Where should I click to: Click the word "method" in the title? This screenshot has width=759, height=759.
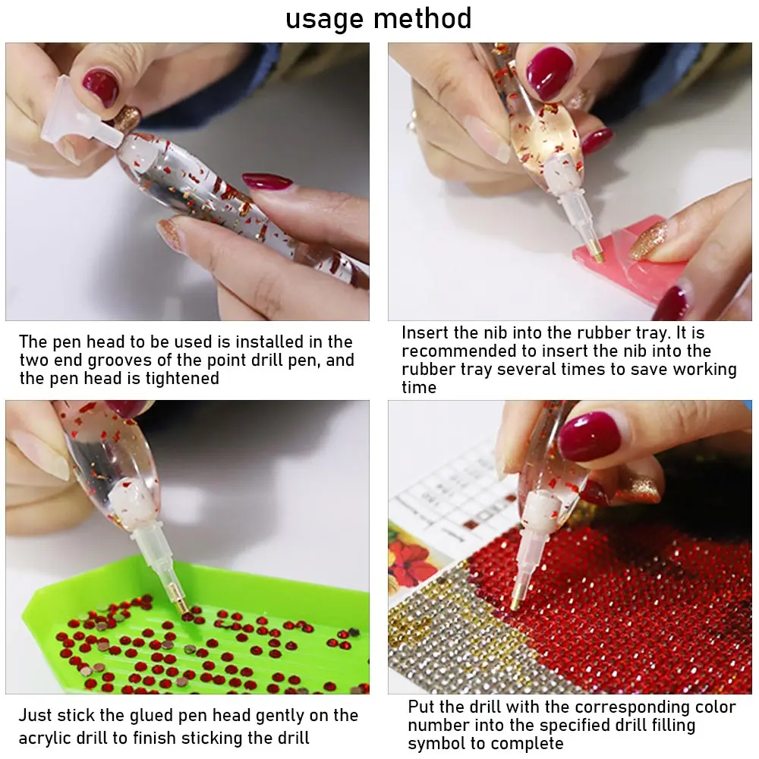pos(423,18)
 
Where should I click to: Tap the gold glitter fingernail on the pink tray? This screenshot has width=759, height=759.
pos(647,240)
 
